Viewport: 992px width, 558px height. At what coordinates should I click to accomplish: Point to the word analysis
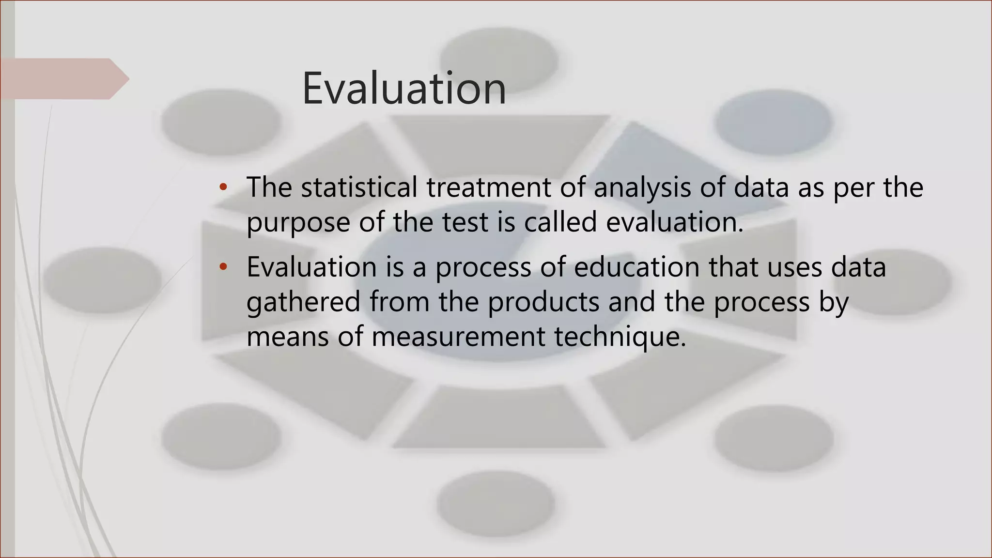pos(642,188)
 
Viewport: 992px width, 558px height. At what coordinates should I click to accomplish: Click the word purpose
pos(298,223)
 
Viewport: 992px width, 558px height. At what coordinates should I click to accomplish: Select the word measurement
pos(458,337)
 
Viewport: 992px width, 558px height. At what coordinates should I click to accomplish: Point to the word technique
pos(620,337)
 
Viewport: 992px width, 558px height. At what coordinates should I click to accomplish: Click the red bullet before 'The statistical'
pos(223,187)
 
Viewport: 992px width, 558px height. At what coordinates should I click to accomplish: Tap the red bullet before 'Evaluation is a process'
pos(223,267)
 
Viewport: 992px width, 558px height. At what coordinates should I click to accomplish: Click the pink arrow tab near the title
pos(63,78)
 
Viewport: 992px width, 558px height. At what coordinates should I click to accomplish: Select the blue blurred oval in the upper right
pos(773,120)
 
